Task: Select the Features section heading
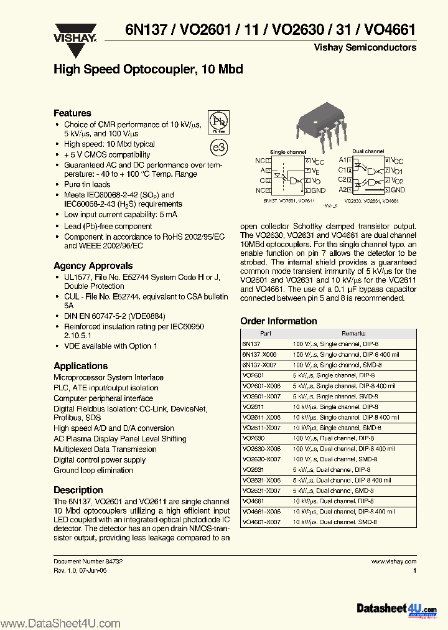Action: (72, 113)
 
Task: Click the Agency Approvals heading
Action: (93, 265)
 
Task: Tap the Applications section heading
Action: (80, 366)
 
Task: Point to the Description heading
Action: (78, 490)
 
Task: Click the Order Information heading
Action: (278, 321)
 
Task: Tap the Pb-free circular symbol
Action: (217, 120)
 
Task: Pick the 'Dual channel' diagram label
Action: (368, 151)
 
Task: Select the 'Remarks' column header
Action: (353, 334)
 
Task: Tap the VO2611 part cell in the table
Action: (253, 407)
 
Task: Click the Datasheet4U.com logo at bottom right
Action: (396, 609)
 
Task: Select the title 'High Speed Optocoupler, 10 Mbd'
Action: (148, 69)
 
